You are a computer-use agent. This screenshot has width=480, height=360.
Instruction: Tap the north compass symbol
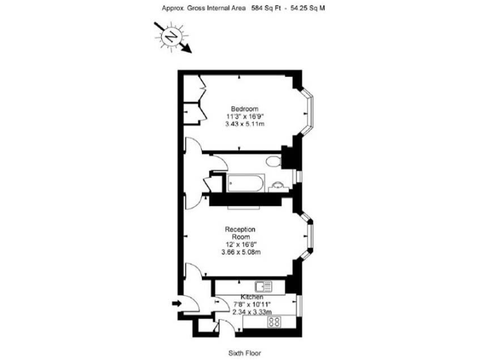coord(170,37)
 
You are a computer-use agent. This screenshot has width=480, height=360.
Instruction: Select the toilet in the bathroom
coord(272,162)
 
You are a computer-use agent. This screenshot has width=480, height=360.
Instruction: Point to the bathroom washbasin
coord(277,185)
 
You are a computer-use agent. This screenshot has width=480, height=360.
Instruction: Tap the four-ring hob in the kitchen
coord(274,323)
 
